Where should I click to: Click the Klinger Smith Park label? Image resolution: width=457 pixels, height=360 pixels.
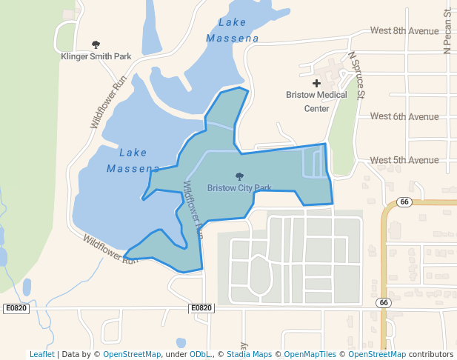tap(95, 56)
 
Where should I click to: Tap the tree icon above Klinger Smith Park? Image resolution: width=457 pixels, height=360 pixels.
tap(95, 45)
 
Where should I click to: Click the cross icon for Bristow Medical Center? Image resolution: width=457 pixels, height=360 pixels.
tap(317, 84)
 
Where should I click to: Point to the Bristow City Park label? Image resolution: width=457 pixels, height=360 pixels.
tap(239, 188)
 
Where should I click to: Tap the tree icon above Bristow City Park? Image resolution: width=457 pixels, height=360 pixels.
tap(239, 176)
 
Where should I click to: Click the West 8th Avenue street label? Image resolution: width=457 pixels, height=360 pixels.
tap(404, 31)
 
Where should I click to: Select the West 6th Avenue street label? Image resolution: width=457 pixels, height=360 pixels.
tap(404, 116)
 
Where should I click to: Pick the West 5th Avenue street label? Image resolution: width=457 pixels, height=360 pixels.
tap(404, 160)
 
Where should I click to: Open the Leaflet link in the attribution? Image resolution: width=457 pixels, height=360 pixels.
tap(41, 354)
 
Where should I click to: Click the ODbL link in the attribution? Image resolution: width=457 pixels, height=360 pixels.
tap(200, 354)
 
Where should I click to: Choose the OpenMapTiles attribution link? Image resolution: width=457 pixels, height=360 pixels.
tap(310, 354)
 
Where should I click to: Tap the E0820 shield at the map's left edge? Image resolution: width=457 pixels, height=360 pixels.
tap(16, 308)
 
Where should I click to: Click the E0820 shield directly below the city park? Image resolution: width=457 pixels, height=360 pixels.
tap(201, 308)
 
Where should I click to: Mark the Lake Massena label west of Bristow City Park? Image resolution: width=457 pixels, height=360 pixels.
tap(133, 161)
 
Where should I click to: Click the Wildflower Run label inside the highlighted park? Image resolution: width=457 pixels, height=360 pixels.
tap(192, 209)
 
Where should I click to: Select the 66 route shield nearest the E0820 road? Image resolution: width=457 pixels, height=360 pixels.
tap(383, 302)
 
